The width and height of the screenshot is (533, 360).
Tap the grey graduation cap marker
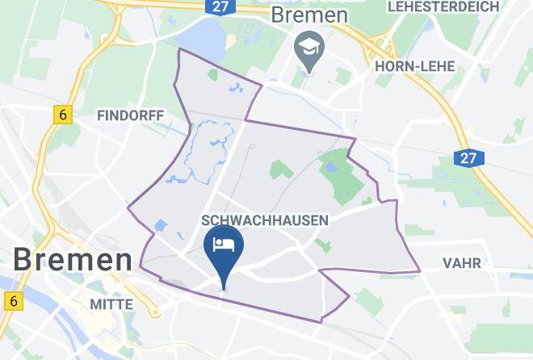[308, 49]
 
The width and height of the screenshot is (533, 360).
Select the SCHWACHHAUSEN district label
[264, 220]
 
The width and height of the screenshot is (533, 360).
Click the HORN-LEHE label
[415, 66]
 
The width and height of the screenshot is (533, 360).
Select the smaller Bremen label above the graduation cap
[308, 15]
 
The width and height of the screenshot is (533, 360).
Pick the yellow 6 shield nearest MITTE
[11, 301]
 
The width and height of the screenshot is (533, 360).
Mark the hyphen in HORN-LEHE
[413, 66]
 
